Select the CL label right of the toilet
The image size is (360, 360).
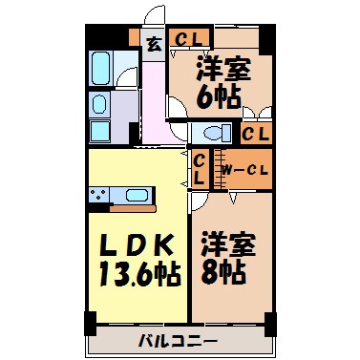point(255,135)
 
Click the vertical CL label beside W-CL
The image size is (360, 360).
point(200,170)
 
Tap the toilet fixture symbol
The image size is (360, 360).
point(210,134)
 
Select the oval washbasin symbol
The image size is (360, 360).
point(100,103)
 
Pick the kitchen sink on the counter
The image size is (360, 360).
point(136,196)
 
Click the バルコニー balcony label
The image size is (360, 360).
point(179,341)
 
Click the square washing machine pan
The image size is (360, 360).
point(102,130)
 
